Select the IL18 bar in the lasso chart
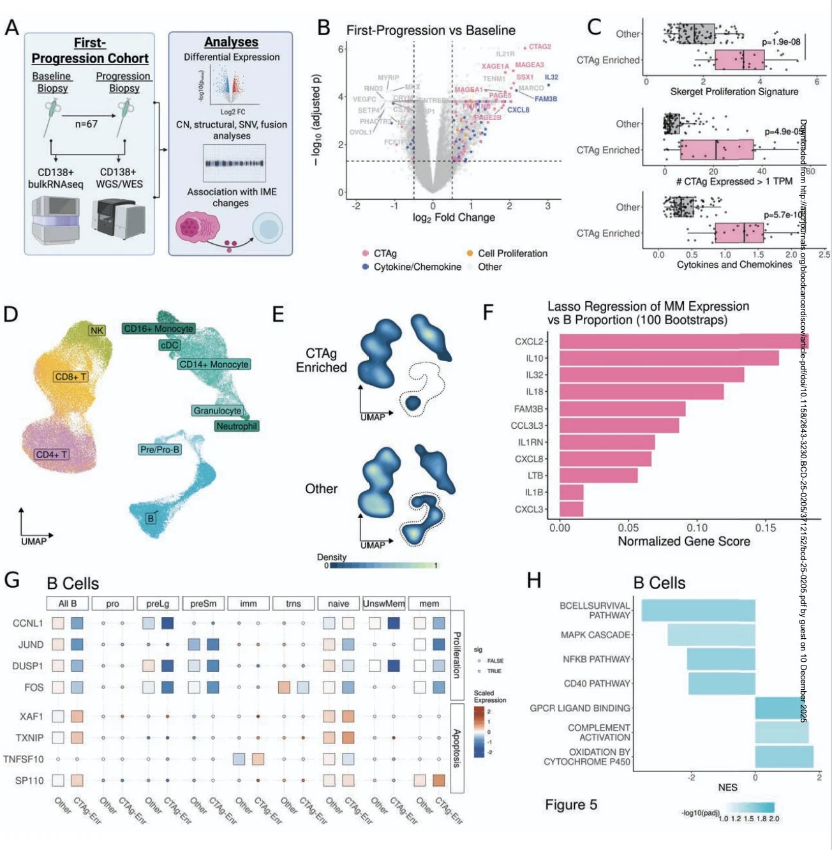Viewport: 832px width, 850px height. [x=641, y=392]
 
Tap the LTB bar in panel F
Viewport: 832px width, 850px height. [x=598, y=475]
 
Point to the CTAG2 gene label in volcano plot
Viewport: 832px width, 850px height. [x=540, y=47]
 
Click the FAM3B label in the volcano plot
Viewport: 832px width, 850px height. [x=546, y=99]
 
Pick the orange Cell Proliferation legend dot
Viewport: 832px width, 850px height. [x=470, y=253]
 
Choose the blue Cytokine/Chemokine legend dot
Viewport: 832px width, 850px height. [x=365, y=267]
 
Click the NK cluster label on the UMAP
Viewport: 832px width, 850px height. [x=97, y=330]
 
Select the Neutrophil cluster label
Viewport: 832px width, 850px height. [x=237, y=426]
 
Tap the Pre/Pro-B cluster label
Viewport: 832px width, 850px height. [x=160, y=450]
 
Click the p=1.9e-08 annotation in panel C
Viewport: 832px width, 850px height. [x=781, y=42]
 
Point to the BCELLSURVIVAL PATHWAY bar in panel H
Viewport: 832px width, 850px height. [x=698, y=611]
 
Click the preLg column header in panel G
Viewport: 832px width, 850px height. [x=158, y=604]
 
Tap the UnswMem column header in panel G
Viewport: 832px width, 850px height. [x=383, y=604]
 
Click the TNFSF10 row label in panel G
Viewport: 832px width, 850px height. [x=24, y=759]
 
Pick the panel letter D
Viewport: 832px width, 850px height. [x=11, y=314]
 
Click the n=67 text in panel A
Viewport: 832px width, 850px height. [x=86, y=124]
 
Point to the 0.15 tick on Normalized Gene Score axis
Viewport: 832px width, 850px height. [x=766, y=528]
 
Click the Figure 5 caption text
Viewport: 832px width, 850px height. [x=571, y=805]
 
